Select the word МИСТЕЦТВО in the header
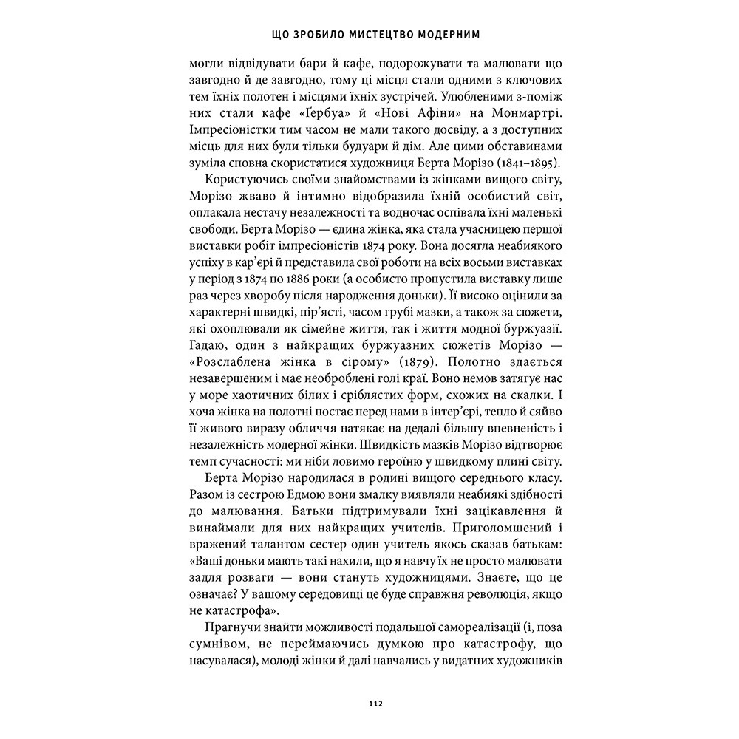click(x=364, y=34)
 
